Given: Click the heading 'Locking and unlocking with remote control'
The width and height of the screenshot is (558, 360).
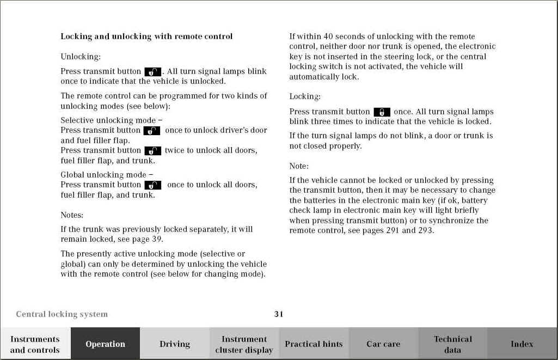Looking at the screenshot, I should [146, 36].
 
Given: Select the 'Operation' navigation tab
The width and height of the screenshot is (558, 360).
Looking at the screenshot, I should [105, 344].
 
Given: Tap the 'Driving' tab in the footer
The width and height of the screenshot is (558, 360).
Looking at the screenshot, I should [175, 344].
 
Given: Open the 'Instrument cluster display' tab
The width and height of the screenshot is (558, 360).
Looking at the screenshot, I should [244, 344].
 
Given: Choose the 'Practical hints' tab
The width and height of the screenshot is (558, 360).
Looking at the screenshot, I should [314, 344].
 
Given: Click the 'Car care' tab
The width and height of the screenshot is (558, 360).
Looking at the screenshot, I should [383, 344].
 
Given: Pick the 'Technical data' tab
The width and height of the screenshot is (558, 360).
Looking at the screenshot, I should [452, 344].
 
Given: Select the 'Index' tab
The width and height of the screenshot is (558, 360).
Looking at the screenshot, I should [522, 344].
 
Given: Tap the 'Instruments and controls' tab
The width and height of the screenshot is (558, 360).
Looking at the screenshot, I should [35, 344].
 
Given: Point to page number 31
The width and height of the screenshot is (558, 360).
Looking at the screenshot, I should [279, 314].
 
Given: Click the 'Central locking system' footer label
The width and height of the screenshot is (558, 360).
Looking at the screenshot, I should [62, 314].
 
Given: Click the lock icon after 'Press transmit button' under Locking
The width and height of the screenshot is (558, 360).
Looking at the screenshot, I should [382, 112].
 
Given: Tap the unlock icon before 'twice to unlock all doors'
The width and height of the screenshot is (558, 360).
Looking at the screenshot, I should [152, 151].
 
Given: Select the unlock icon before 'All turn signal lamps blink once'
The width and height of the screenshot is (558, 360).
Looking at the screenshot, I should [152, 72].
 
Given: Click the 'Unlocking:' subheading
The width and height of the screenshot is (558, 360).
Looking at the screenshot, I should [81, 57].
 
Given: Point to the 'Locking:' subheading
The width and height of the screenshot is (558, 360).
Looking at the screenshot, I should [305, 96].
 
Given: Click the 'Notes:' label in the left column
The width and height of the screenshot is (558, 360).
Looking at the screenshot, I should [72, 215].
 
